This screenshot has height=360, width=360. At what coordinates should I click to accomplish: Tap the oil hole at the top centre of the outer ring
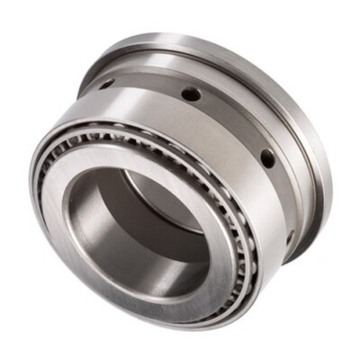click(188, 93)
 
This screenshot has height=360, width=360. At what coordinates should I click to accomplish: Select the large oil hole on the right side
click(266, 158)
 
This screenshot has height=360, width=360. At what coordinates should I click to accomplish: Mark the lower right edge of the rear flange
click(310, 225)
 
